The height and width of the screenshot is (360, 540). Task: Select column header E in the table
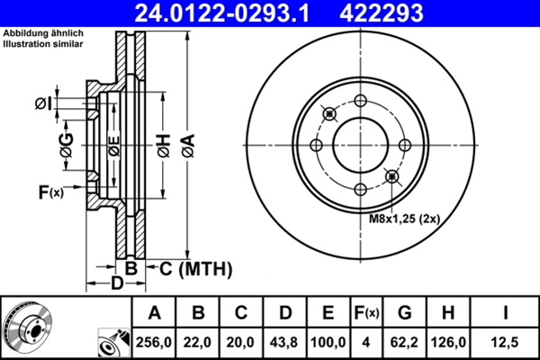(x=329, y=313)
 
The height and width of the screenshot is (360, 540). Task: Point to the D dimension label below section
(x=117, y=285)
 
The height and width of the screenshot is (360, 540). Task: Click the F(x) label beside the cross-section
(x=49, y=192)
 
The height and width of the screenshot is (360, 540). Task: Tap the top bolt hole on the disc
(x=360, y=101)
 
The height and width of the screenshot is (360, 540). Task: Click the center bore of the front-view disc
(x=360, y=145)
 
